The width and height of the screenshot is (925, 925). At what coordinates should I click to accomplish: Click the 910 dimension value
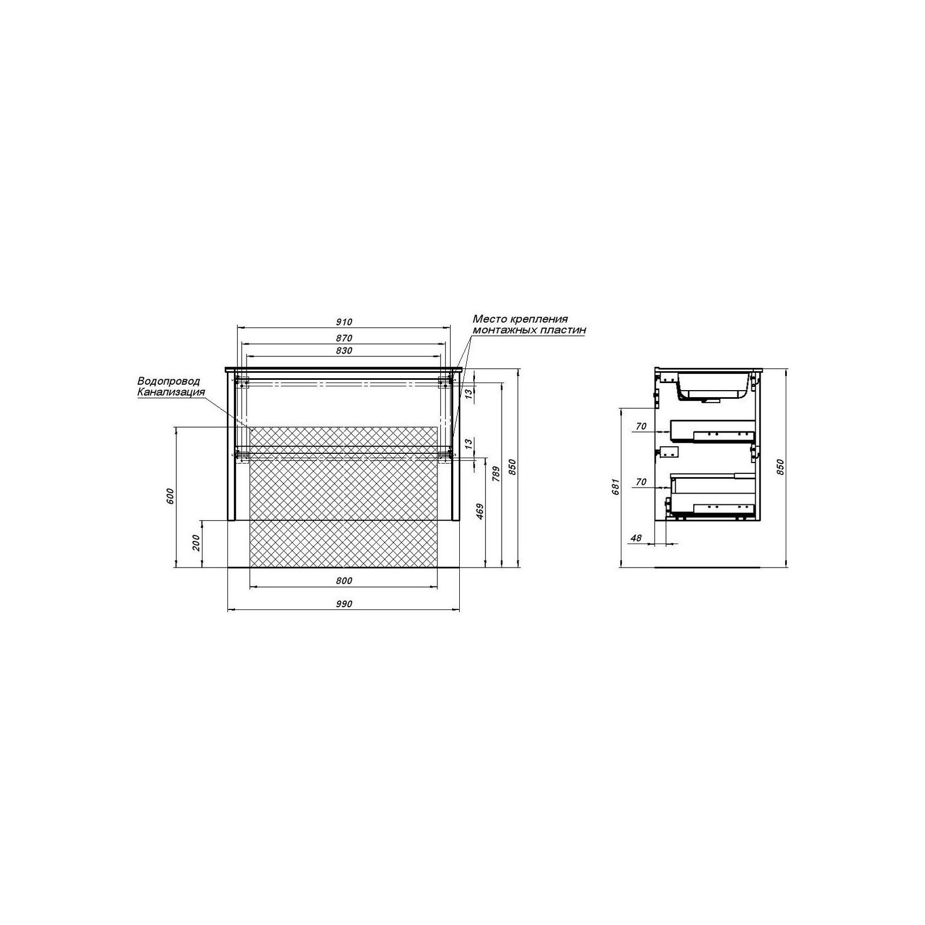tap(344, 322)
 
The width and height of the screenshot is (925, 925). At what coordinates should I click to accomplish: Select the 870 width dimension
tap(344, 338)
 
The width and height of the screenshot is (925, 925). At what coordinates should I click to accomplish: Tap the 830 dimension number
tap(344, 351)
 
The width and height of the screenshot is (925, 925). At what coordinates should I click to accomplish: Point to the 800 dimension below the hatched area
tap(344, 581)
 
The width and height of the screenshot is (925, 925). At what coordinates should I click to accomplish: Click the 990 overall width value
tap(344, 603)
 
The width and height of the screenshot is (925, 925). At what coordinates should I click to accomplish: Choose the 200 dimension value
tap(196, 542)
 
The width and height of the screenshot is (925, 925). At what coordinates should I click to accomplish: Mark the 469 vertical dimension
tap(479, 511)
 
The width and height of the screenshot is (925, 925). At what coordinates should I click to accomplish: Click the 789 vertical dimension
tap(495, 474)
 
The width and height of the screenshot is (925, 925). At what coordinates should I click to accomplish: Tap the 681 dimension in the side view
tap(615, 485)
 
